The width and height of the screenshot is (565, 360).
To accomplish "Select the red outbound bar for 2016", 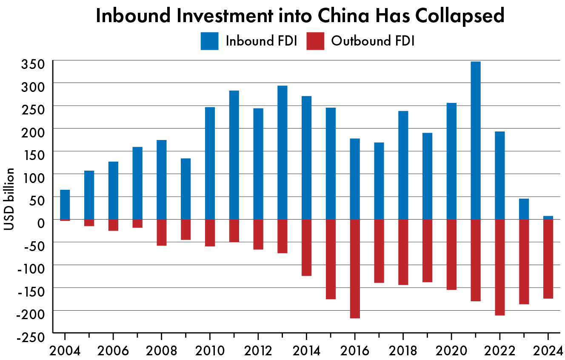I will click(x=355, y=269).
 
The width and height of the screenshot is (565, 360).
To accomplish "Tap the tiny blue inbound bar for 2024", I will click(x=548, y=217).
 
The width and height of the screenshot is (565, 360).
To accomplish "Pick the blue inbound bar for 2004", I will click(x=65, y=205).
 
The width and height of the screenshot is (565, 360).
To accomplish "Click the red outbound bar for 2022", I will click(x=499, y=267).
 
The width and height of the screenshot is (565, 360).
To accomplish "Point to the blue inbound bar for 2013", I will click(x=282, y=152).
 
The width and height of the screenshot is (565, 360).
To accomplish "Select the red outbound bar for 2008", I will click(x=161, y=232).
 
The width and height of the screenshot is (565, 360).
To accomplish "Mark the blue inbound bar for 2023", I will click(x=524, y=209).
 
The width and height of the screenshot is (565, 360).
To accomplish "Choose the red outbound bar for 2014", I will click(x=306, y=247).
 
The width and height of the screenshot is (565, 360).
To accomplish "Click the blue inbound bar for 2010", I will click(x=210, y=163).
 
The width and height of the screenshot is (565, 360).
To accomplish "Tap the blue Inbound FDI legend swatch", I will click(x=209, y=41).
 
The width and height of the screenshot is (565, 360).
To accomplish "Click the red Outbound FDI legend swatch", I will click(x=315, y=41).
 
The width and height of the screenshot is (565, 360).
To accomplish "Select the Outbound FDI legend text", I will click(x=373, y=41).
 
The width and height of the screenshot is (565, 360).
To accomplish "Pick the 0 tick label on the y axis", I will click(x=41, y=222).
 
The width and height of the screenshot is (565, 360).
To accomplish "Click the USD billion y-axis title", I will click(x=9, y=199).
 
